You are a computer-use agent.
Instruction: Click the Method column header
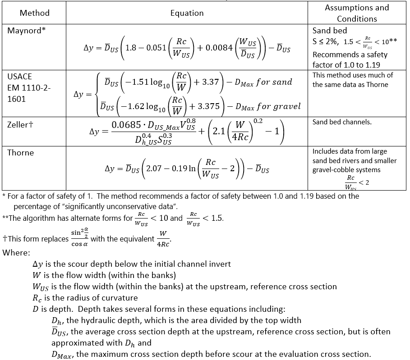(x=34, y=13)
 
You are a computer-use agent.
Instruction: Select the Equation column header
(x=187, y=13)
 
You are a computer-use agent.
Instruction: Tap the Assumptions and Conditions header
(x=357, y=13)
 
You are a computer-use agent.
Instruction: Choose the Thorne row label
(x=20, y=153)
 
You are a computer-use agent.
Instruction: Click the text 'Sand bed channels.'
(x=342, y=122)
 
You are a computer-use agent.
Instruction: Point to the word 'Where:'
(x=16, y=252)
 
